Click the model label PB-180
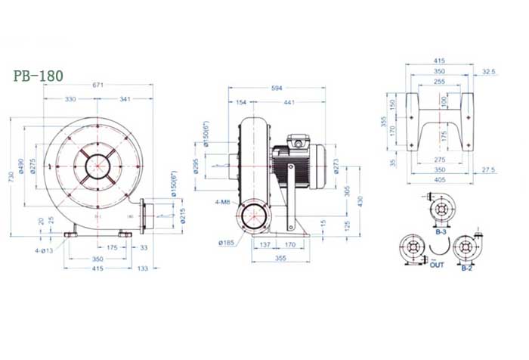[39, 76]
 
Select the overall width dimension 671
[97, 86]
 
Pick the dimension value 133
[142, 268]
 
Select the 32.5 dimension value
[488, 72]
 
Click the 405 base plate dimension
[439, 181]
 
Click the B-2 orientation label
[466, 267]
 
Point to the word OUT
[437, 266]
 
